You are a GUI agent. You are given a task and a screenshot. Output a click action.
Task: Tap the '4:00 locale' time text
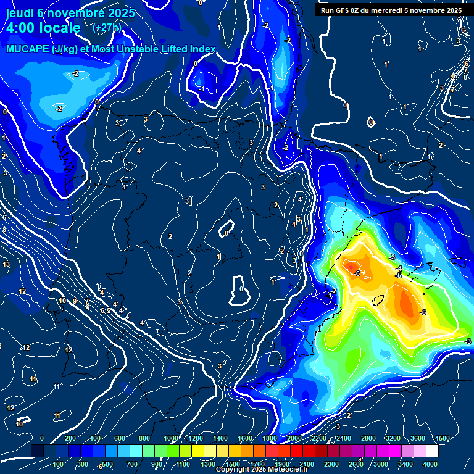click(x=43, y=28)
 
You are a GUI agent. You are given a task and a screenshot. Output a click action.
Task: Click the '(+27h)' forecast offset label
click(x=107, y=28)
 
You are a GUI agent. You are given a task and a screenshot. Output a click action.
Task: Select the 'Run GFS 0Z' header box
click(x=391, y=10)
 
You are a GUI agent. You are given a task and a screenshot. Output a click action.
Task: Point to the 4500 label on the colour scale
click(x=442, y=438)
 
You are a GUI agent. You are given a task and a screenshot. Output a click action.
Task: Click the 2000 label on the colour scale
click(x=295, y=438)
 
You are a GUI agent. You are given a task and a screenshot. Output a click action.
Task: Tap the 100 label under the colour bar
click(x=59, y=464)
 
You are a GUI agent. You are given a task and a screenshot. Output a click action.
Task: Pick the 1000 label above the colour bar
click(x=171, y=438)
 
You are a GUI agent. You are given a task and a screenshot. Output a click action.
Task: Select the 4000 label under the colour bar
click(x=430, y=464)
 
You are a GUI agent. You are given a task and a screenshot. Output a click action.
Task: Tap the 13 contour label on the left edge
click(x=6, y=265)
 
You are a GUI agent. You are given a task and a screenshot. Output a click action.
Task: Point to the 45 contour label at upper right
click(x=454, y=76)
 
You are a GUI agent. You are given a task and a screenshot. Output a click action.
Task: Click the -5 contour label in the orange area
click(x=398, y=275)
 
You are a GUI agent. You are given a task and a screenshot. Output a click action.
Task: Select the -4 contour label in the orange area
click(x=400, y=268)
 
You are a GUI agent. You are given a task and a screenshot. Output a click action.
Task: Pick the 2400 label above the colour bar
click(x=343, y=438)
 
